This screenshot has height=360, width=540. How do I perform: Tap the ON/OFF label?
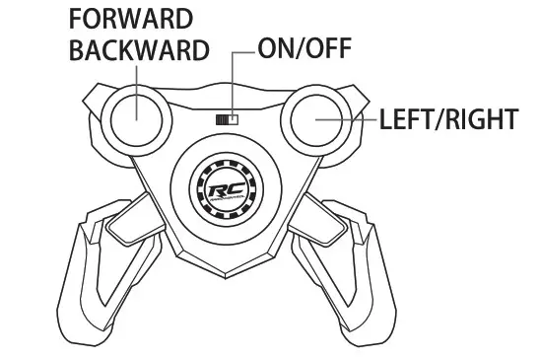pyautogui.click(x=301, y=49)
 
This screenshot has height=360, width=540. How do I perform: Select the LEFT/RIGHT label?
pyautogui.click(x=448, y=120)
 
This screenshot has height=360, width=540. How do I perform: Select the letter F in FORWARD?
pyautogui.click(x=76, y=20)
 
